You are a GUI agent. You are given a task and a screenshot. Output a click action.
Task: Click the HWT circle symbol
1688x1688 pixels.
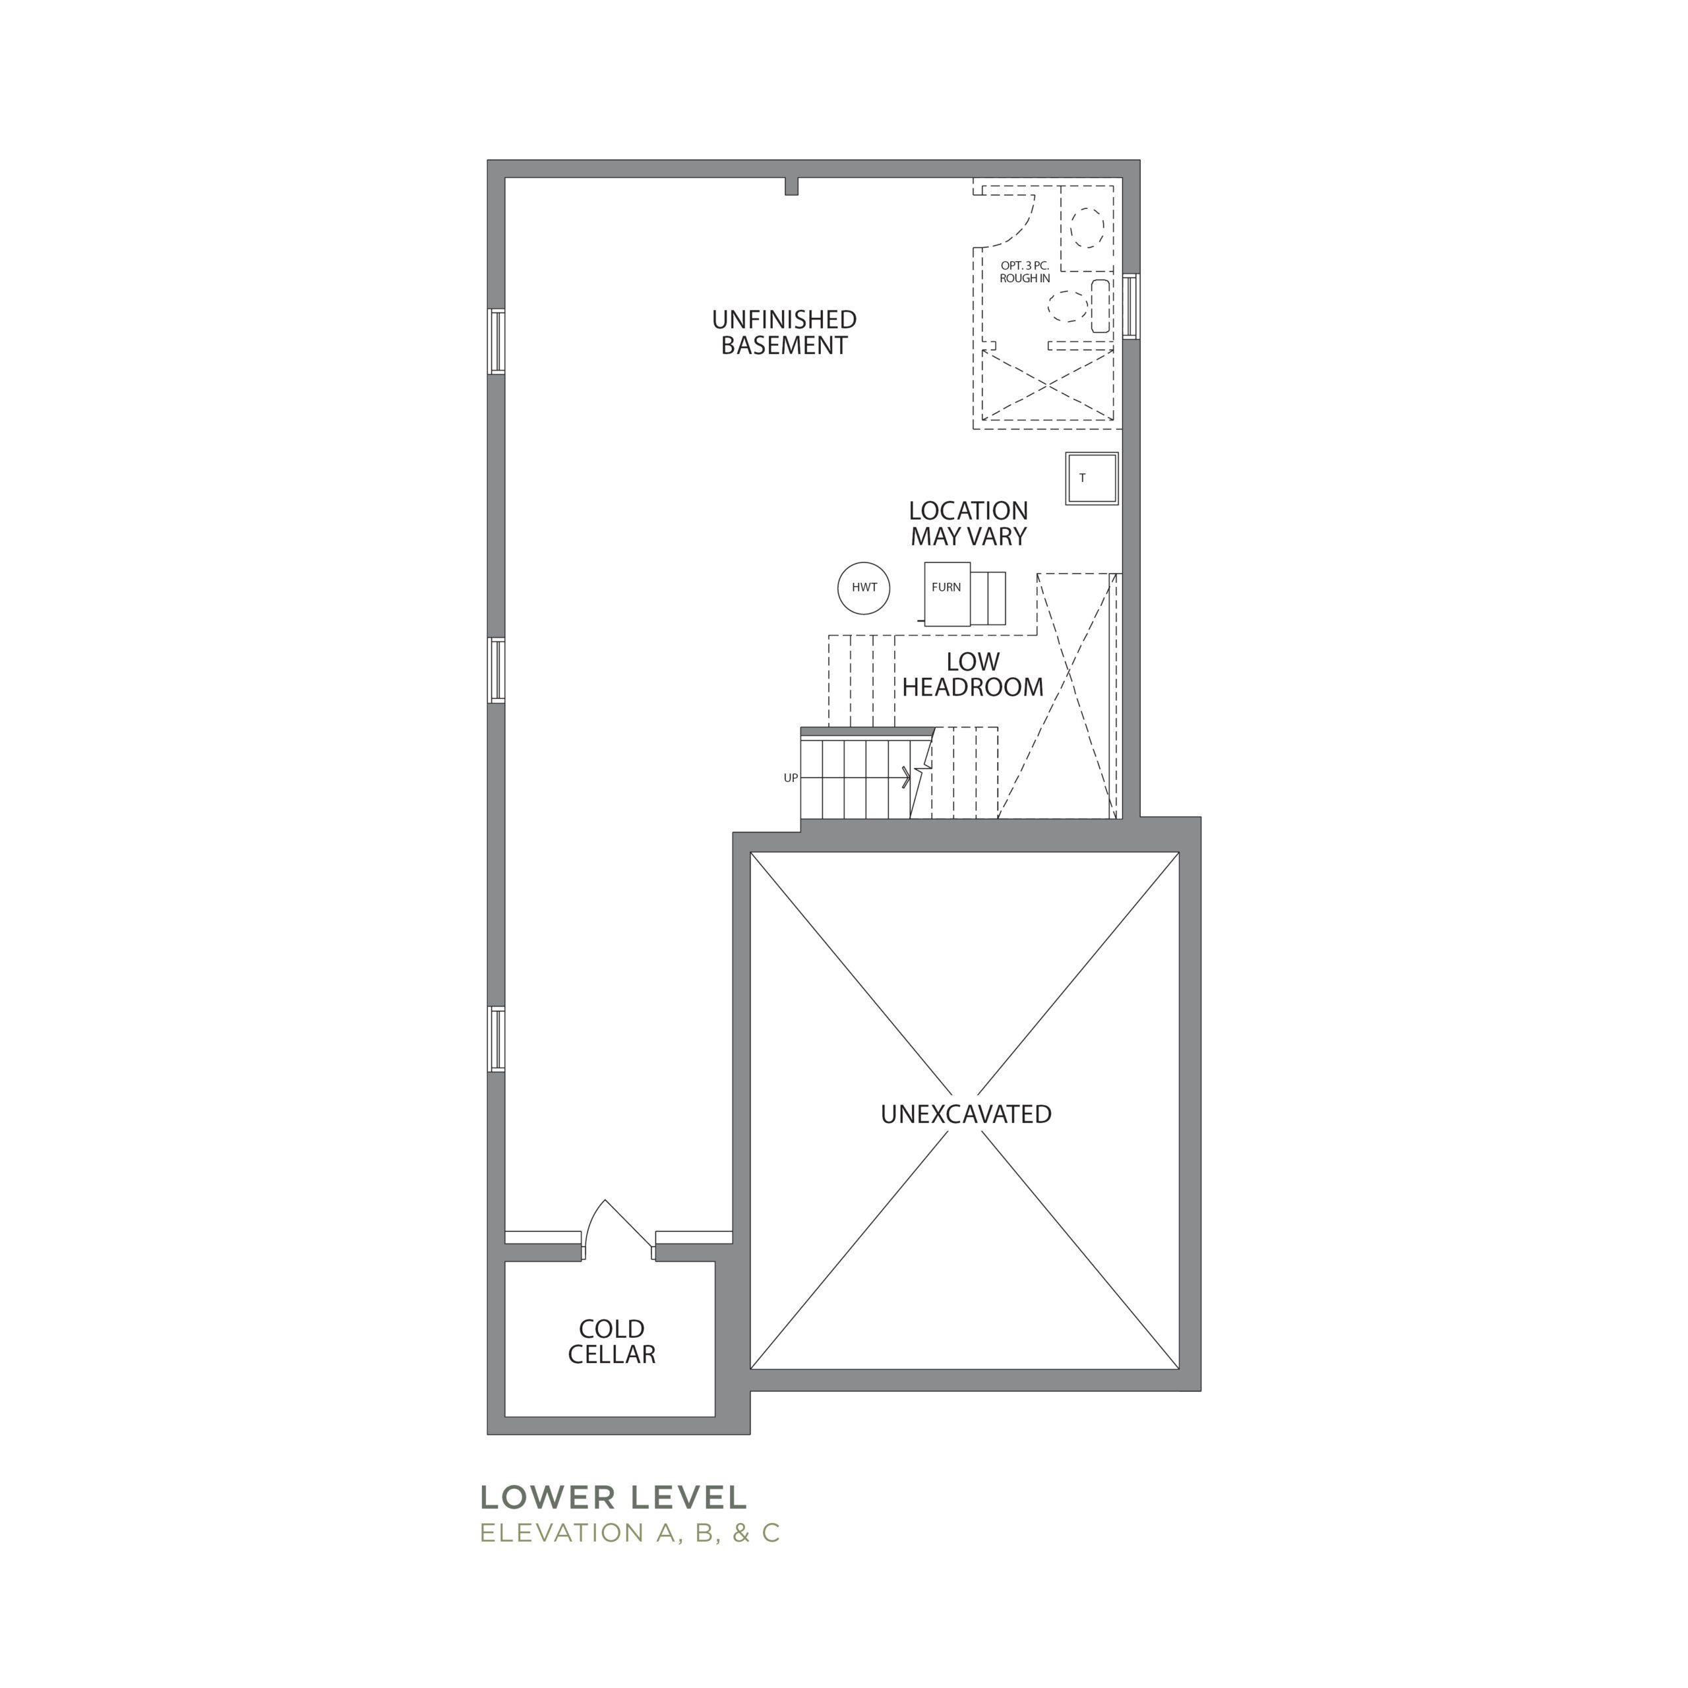863,588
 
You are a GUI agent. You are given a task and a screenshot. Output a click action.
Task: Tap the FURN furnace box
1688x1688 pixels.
947,594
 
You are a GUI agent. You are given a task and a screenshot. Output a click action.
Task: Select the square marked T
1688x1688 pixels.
1091,479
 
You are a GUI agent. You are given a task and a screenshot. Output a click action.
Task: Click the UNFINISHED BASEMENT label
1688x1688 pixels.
784,332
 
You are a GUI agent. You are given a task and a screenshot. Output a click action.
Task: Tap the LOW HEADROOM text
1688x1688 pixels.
973,674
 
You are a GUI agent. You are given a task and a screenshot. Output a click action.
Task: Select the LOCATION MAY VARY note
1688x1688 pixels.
968,524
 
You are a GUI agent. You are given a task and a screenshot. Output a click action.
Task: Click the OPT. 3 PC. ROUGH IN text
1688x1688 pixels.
1025,272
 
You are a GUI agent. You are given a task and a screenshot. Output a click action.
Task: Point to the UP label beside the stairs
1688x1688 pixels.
791,777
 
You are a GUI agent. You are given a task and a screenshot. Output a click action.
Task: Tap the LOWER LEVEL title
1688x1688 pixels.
613,1497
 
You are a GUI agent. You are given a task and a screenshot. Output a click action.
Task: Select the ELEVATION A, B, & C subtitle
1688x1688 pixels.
629,1533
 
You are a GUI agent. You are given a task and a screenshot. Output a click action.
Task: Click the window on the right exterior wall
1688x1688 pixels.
1131,306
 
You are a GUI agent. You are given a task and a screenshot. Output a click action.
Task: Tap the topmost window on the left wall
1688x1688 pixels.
497,342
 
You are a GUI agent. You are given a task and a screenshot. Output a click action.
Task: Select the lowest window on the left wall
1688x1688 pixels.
497,1039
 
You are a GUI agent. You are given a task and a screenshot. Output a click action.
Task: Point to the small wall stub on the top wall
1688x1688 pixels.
791,186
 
